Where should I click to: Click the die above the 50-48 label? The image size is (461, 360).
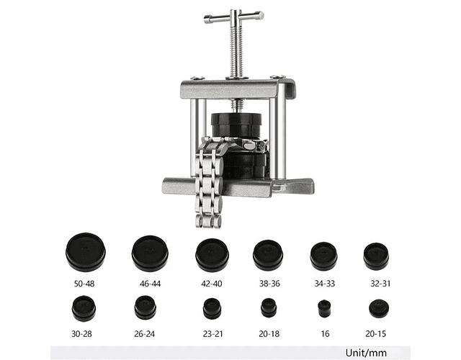pyautogui.click(x=86, y=252)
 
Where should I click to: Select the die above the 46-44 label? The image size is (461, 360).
pyautogui.click(x=150, y=253)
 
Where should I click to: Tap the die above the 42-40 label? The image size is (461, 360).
pyautogui.click(x=212, y=255)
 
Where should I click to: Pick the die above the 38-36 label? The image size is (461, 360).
pyautogui.click(x=268, y=255)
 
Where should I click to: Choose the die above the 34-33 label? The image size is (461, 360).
pyautogui.click(x=323, y=256)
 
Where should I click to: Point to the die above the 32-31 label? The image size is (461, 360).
pyautogui.click(x=376, y=256)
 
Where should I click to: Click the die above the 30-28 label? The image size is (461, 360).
pyautogui.click(x=84, y=309)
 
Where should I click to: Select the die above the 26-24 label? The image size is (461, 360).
pyautogui.click(x=146, y=307)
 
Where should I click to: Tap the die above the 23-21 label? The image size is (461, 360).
pyautogui.click(x=212, y=309)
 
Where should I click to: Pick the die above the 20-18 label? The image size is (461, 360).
pyautogui.click(x=269, y=307)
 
